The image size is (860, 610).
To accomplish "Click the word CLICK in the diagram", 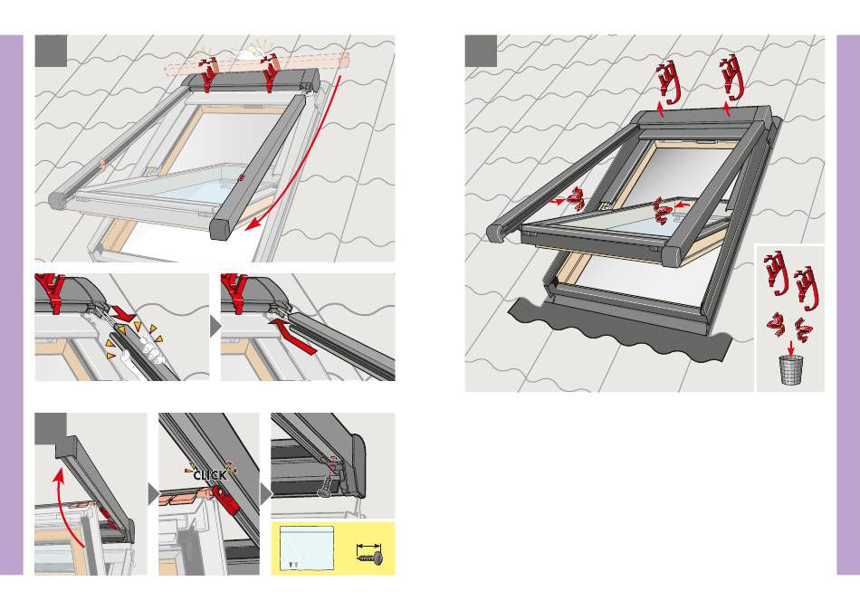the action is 209,475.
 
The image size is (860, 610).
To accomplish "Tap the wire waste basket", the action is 791,370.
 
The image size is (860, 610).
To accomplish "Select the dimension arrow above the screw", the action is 368,547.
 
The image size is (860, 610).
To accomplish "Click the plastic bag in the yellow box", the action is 307,548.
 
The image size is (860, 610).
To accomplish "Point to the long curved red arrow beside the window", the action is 307,165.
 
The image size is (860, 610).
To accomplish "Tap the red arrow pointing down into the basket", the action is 791,348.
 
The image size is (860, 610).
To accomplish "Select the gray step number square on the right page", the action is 481,51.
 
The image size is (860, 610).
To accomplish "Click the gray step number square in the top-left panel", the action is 51,51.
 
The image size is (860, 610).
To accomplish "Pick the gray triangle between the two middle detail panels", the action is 215,327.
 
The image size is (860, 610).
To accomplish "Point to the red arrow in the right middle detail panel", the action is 291,337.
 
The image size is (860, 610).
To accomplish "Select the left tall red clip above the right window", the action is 669,82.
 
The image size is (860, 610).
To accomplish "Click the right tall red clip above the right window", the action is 733,79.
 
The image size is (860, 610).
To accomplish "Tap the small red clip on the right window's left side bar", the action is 576,199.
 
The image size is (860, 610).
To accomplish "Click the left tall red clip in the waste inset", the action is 776,272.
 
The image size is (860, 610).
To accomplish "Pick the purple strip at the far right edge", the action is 848,305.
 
